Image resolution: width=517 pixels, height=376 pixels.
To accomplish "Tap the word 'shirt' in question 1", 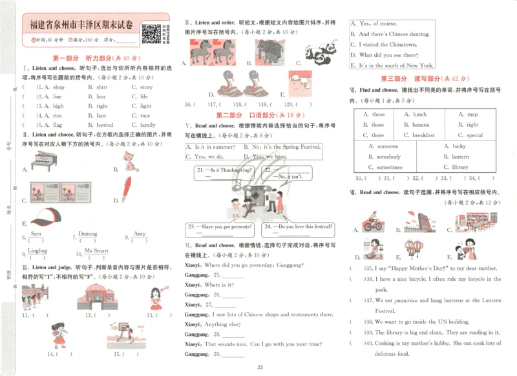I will [102, 87].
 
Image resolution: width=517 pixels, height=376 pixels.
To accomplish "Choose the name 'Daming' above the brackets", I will [88, 234].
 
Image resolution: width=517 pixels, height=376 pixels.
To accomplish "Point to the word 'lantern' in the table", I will [460, 157].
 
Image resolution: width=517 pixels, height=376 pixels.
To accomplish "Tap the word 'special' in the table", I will [474, 135].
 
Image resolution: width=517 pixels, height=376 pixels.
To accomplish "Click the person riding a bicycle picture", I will [374, 222].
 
